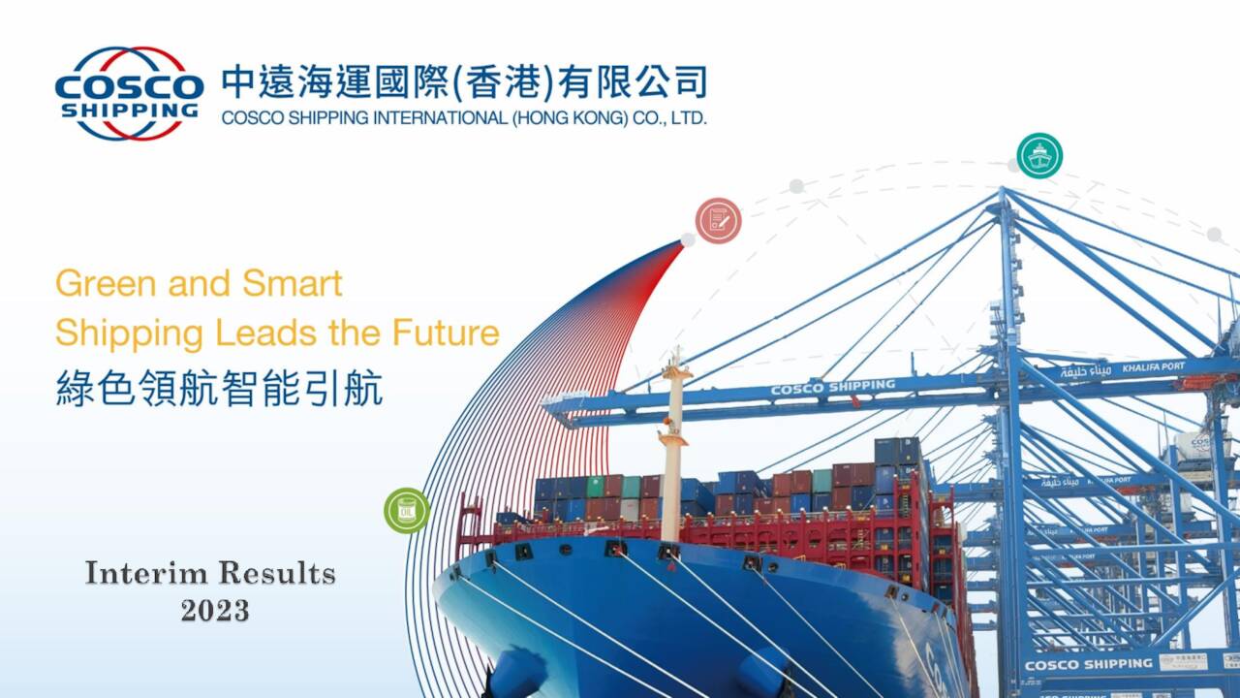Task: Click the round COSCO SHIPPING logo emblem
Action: click(129, 93)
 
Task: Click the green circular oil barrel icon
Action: click(407, 510)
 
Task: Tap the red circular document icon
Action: click(718, 221)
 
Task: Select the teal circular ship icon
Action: click(1039, 156)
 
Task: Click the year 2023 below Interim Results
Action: click(214, 610)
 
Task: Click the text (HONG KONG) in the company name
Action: click(558, 119)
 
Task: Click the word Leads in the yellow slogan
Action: click(263, 333)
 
